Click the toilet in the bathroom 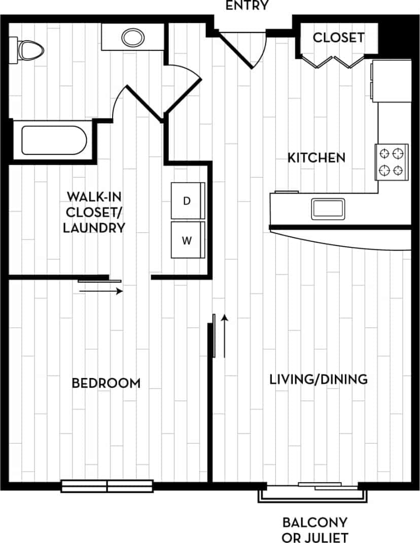tap(30, 49)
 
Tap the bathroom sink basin tap(132, 37)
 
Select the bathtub tap(54, 140)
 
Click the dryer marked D tap(187, 201)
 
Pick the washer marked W tap(187, 240)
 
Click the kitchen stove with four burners tap(391, 162)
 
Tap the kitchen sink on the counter tap(328, 209)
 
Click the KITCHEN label tap(316, 157)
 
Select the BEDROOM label tap(106, 382)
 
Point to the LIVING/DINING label tap(318, 379)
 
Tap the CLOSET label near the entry tap(338, 38)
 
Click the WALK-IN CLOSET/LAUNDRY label tap(94, 212)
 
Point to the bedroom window tap(107, 486)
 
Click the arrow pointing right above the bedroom tap(101, 291)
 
